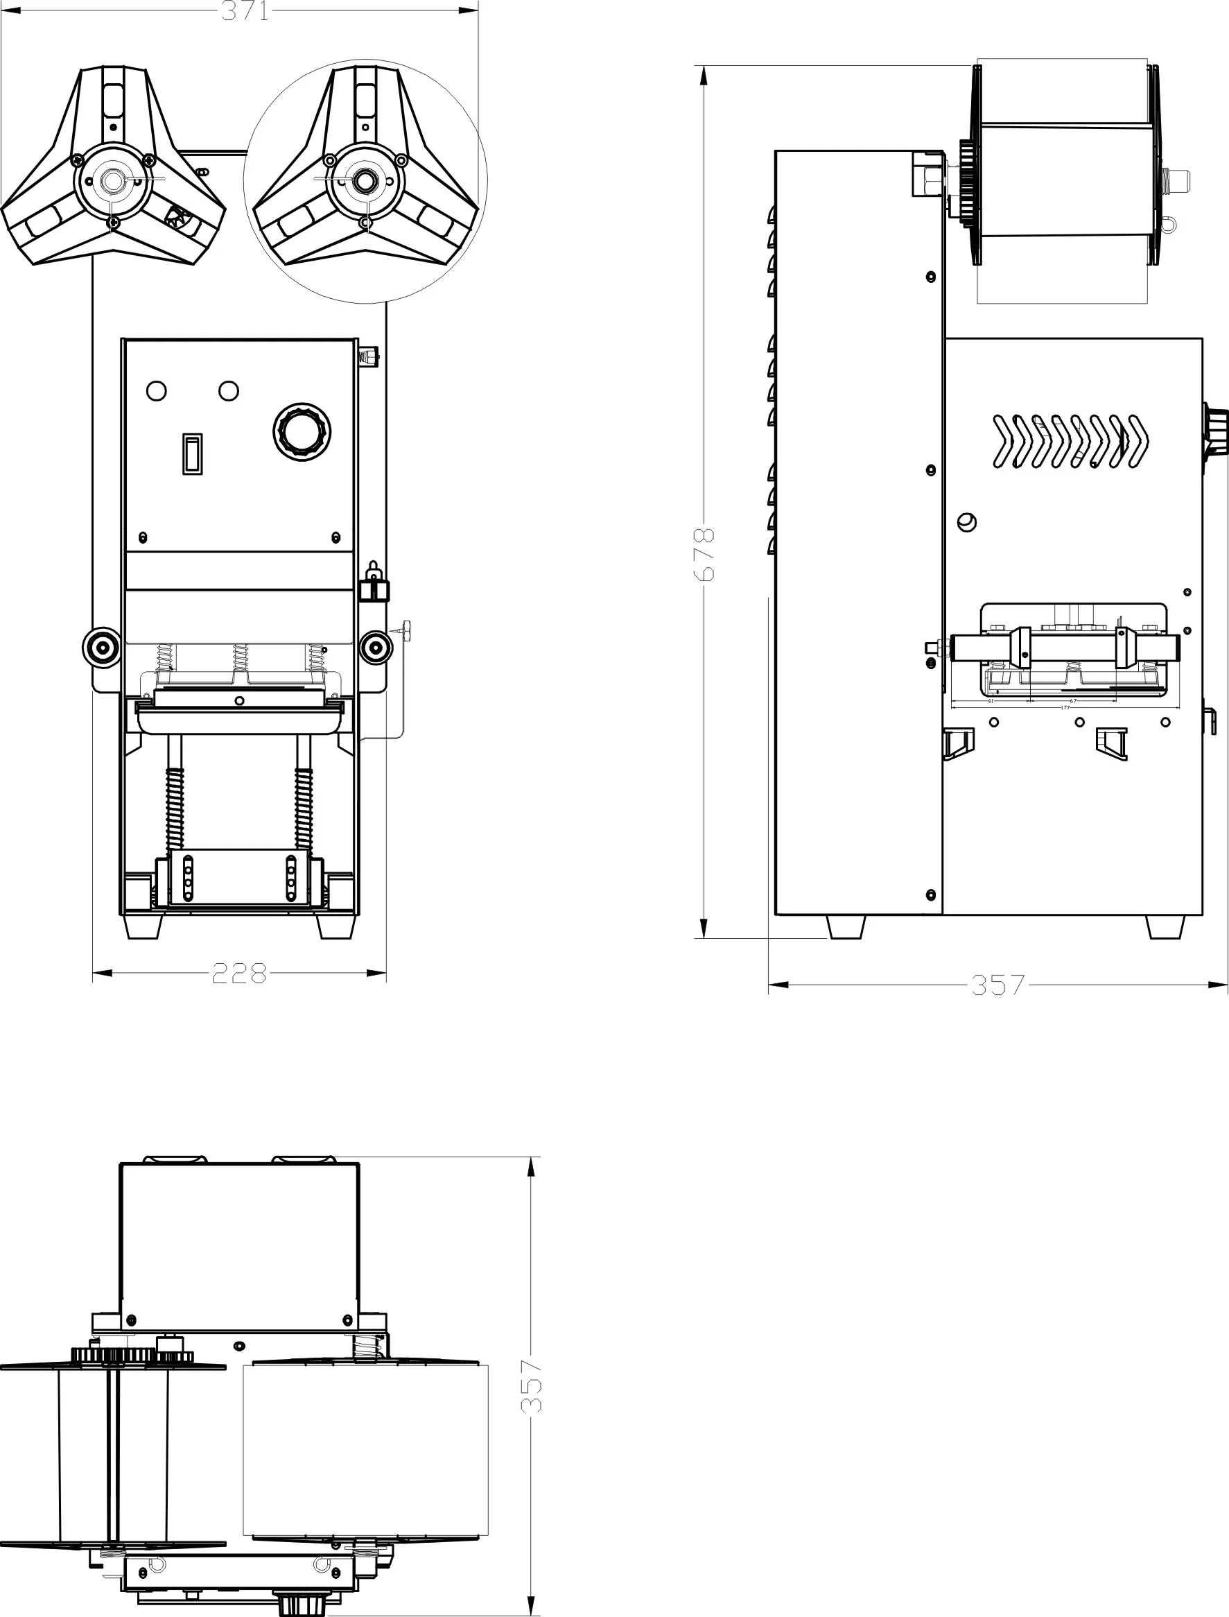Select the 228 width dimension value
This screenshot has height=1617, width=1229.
point(239,973)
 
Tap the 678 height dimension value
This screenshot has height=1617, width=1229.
point(704,554)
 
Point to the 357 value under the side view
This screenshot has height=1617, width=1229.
point(998,985)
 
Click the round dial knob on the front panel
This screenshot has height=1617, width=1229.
point(302,432)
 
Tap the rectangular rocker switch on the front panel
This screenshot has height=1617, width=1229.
point(192,453)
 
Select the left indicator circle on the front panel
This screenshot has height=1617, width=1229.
point(157,390)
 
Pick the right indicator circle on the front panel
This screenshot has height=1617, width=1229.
point(229,390)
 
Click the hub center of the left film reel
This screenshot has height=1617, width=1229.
point(112,180)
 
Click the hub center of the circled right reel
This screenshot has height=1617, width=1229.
point(365,180)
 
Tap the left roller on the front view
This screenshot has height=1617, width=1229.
point(101,647)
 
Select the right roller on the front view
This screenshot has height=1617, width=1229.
point(375,647)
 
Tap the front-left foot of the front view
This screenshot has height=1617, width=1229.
point(143,926)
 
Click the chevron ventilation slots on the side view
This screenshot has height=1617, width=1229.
point(1070,441)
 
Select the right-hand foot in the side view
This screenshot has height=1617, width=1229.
point(1165,926)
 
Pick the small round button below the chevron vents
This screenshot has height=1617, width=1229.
point(966,521)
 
